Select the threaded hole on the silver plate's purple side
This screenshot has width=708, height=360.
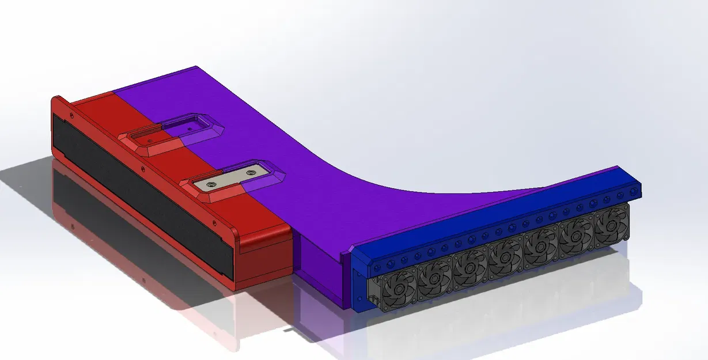pyautogui.click(x=251, y=172)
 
